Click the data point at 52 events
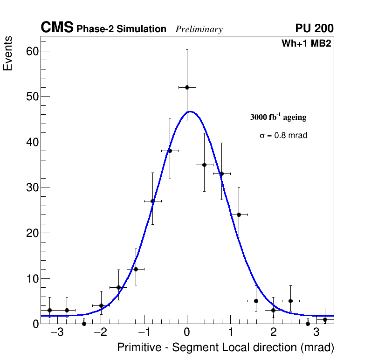187,87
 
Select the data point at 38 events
170,151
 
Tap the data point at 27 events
152,201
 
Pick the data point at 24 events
239,215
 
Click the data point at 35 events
204,165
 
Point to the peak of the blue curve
190,111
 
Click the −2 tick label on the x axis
100,333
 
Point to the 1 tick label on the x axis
230,333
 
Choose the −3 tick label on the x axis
57,333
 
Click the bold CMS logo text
57,28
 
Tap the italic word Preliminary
199,29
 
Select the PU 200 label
314,28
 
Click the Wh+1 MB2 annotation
306,44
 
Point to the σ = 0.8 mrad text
283,136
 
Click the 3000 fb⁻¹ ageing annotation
278,117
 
